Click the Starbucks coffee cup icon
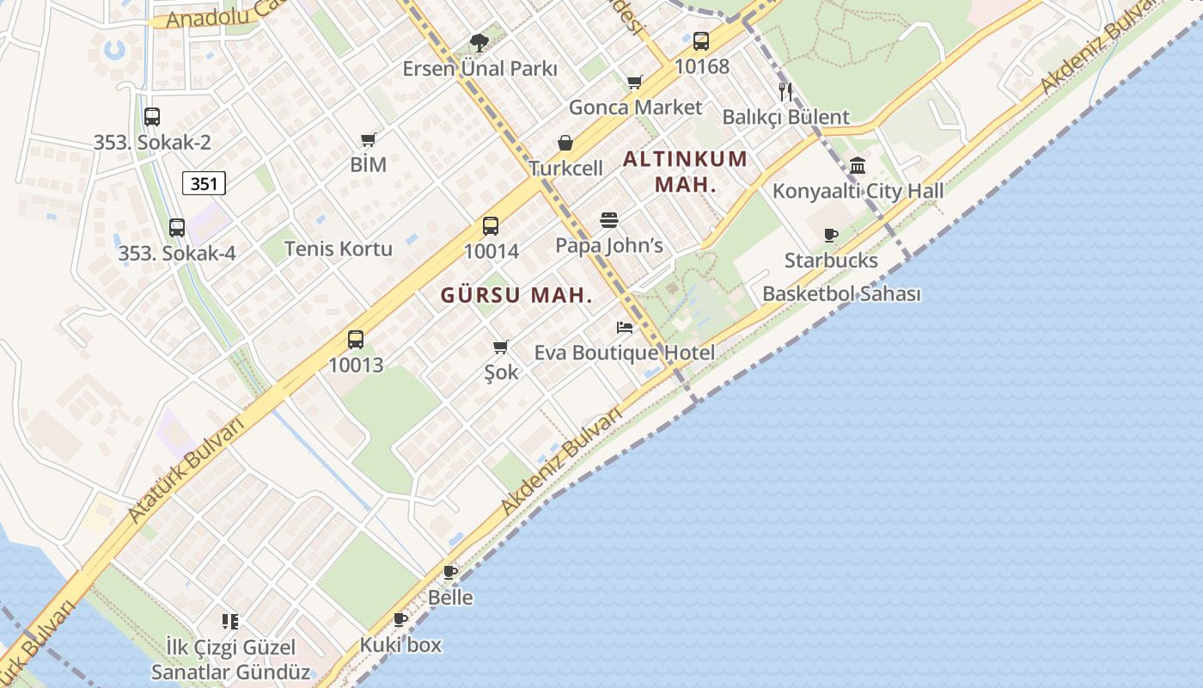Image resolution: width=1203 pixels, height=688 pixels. pos(831,235)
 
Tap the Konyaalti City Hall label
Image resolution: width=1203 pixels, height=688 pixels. pos(858,191)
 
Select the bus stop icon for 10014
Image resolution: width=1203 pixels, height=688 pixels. pos(491,226)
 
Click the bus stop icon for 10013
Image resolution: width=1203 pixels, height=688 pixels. pos(356,340)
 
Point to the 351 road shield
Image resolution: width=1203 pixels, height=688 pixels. pos(204,183)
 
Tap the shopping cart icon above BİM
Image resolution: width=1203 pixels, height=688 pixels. pos(369,139)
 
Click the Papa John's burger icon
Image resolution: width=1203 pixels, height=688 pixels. pos(609,220)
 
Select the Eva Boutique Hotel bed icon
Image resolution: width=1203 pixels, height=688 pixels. pos(625,328)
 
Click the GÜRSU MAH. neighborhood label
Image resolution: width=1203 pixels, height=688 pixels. pos(516,295)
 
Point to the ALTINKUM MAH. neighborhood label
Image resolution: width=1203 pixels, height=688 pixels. pos(685,171)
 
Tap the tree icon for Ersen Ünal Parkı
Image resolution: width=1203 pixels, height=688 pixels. pos(479,43)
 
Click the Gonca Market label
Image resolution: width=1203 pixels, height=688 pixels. pos(635,107)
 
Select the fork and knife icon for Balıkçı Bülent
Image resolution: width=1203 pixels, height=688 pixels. pos(785,92)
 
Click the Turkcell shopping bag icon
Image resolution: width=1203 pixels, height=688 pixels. pos(565,143)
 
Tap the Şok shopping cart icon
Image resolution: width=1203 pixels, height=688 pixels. pos(501,347)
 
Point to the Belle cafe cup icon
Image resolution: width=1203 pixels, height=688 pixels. pos(450,573)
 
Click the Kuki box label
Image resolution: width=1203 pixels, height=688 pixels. pos(400,644)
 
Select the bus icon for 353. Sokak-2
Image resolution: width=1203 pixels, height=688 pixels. pos(152,117)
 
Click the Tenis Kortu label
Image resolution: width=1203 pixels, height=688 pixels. pos(338,249)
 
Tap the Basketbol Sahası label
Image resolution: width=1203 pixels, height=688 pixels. pos(841,294)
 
